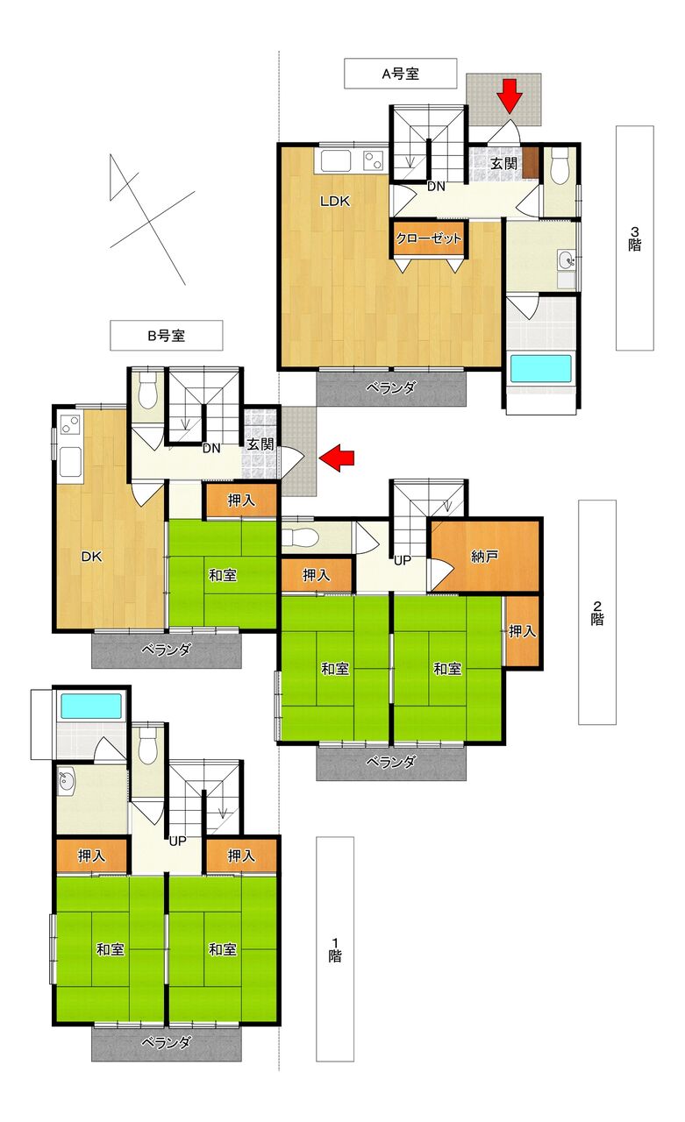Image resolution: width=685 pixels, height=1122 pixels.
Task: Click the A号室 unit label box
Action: (x=400, y=74)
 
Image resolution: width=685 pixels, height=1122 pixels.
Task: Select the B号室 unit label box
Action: (x=167, y=336)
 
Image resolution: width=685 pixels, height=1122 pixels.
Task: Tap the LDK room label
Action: (x=335, y=202)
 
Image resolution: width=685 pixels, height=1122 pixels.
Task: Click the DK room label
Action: (x=92, y=556)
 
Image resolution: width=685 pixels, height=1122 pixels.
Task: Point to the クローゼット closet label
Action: (x=428, y=238)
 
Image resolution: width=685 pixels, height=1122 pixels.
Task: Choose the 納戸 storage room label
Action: (x=484, y=556)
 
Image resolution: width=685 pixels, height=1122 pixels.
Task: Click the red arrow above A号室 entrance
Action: (x=511, y=96)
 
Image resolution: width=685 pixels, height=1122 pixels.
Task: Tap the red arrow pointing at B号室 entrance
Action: (x=338, y=458)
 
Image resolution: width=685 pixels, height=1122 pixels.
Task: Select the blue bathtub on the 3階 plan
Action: (x=540, y=369)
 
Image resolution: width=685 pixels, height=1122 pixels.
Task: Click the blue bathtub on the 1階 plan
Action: (x=91, y=706)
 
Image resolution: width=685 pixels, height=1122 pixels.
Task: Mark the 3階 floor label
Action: (x=635, y=238)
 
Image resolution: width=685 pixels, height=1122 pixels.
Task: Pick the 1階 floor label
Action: (x=335, y=949)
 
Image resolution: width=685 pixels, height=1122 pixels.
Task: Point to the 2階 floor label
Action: (x=596, y=612)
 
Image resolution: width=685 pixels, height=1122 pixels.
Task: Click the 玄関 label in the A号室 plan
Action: (x=503, y=163)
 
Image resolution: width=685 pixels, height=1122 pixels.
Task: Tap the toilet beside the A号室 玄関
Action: (x=560, y=166)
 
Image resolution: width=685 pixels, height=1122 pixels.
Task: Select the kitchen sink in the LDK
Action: (x=336, y=162)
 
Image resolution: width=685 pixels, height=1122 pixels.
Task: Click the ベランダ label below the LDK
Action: (x=391, y=387)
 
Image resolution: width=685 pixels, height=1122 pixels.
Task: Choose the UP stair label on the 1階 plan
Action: (x=178, y=841)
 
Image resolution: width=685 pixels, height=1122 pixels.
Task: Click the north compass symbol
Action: (x=153, y=219)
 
